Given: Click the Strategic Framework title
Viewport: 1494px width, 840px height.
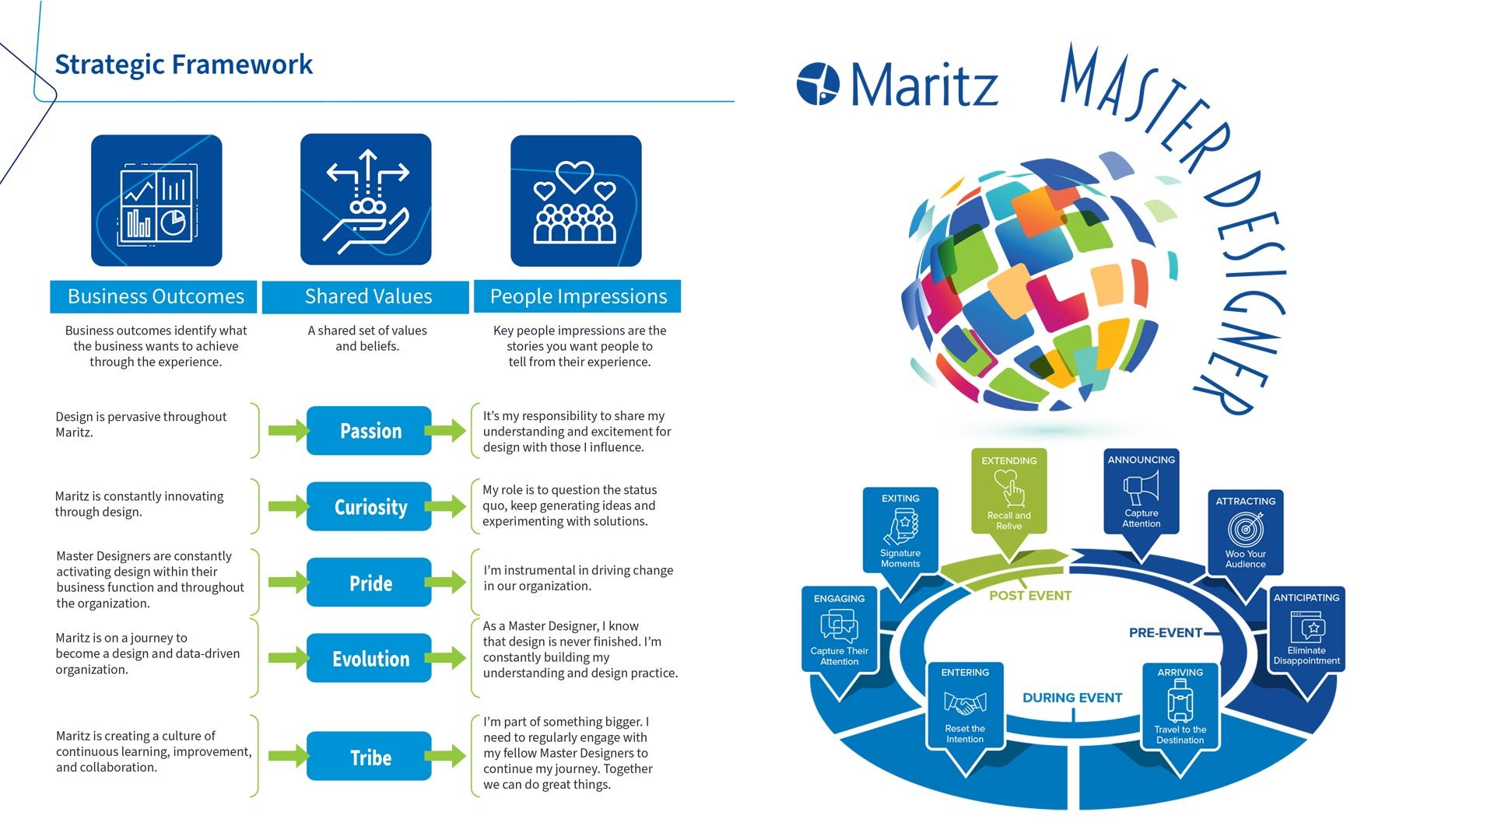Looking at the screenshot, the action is (x=184, y=65).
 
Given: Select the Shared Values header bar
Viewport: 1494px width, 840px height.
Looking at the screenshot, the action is (x=366, y=296).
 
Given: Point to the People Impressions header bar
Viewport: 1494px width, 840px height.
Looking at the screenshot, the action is (x=577, y=296).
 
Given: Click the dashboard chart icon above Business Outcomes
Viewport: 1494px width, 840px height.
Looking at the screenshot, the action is (x=156, y=201).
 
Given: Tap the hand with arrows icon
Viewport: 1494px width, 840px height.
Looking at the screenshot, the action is (x=366, y=201).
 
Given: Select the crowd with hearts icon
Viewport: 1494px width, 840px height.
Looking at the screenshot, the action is (x=576, y=201).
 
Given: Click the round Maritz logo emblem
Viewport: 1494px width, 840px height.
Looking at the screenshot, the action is (x=818, y=83).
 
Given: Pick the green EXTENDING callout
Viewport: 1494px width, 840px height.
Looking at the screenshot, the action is (x=1008, y=492).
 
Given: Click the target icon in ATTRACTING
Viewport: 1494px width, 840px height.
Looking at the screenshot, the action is (x=1245, y=530).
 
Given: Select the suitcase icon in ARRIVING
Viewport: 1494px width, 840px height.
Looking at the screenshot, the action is (x=1180, y=701).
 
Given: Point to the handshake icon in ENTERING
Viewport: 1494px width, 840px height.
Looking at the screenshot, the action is (x=965, y=704).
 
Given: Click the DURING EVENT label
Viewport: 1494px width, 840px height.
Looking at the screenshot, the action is (x=1071, y=698).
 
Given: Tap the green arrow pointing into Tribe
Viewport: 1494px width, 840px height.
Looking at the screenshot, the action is (x=287, y=756).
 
